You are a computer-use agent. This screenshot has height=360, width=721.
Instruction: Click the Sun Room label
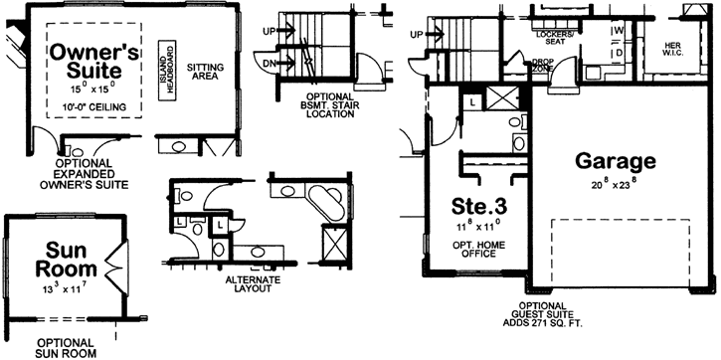(x=66, y=258)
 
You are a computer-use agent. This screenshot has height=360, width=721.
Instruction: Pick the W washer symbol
(x=618, y=29)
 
